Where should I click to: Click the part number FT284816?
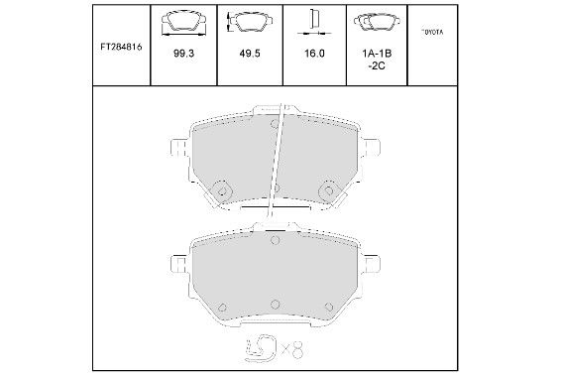pyautogui.click(x=121, y=47)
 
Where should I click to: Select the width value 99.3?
pyautogui.click(x=183, y=54)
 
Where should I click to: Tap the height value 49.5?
pyautogui.click(x=250, y=54)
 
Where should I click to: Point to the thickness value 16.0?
pyautogui.click(x=314, y=54)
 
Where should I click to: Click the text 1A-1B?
pyautogui.click(x=377, y=54)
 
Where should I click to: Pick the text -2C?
pyautogui.click(x=377, y=65)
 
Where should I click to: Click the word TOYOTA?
pyautogui.click(x=432, y=32)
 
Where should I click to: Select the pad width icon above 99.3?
pyautogui.click(x=183, y=23)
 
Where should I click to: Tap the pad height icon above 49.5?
pyautogui.click(x=249, y=22)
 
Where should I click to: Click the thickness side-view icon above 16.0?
pyautogui.click(x=314, y=23)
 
